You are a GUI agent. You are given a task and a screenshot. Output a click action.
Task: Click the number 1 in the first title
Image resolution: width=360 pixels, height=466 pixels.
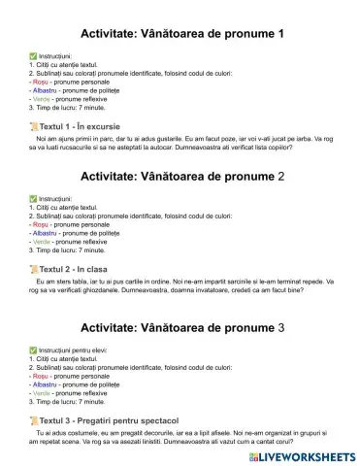[280, 34]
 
